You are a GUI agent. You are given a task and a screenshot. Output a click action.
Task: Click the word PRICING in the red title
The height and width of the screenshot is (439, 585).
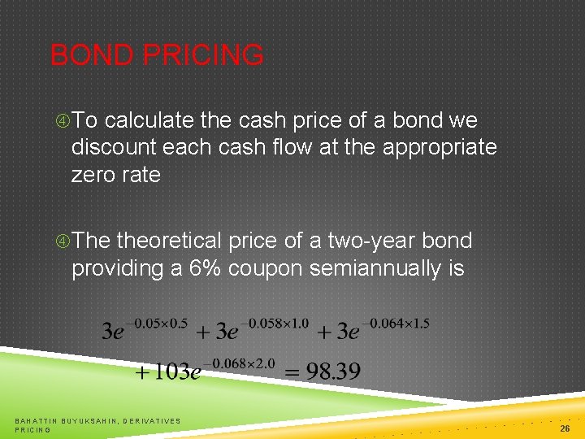[x=202, y=56]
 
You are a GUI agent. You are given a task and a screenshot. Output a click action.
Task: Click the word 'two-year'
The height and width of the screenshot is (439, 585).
[x=370, y=241]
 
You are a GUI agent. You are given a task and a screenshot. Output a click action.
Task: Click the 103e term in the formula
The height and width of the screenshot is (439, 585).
[x=168, y=373]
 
